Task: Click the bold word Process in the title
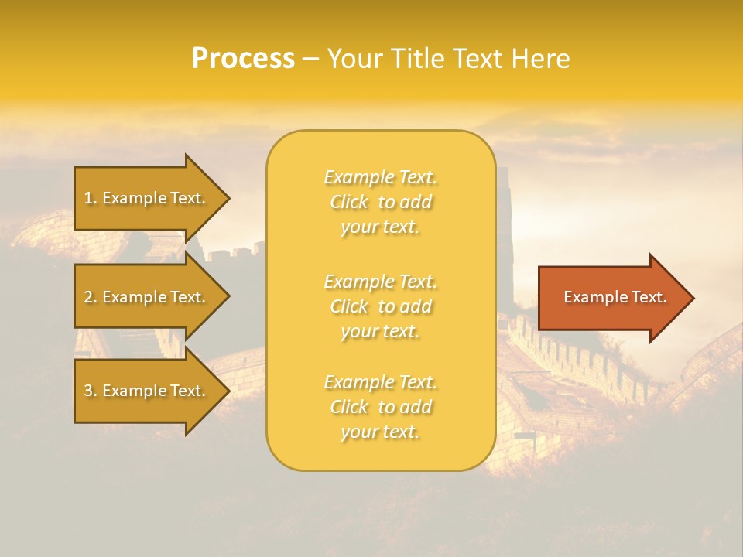click(x=243, y=59)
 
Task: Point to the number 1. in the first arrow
click(x=91, y=198)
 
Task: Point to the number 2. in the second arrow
click(x=91, y=297)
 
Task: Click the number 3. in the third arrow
click(x=91, y=391)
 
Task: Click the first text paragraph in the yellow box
click(x=380, y=202)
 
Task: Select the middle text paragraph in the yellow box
click(x=380, y=306)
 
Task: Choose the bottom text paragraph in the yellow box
click(x=380, y=407)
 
